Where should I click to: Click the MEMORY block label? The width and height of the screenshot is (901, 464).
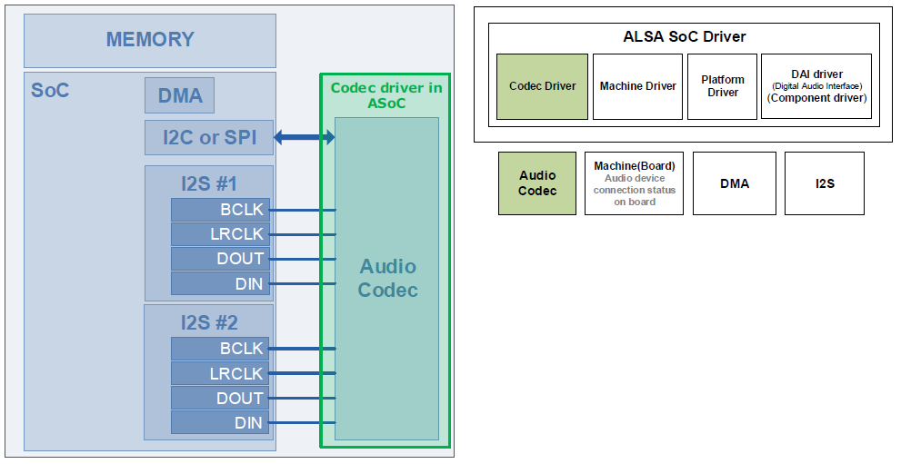point(150,40)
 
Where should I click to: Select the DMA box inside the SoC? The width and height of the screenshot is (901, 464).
point(180,95)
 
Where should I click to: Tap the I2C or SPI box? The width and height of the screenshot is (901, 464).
point(209,138)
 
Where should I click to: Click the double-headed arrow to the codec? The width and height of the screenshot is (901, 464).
point(305,138)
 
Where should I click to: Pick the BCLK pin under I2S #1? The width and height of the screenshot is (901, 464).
point(220,210)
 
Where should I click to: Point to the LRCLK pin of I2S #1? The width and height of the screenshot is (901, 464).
point(220,234)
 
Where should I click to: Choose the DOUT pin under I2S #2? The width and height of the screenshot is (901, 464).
point(220,399)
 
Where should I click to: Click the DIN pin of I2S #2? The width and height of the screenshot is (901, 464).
point(220,423)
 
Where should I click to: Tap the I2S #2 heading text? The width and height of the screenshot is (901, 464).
point(208,322)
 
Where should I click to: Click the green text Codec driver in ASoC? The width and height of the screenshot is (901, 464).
point(385,95)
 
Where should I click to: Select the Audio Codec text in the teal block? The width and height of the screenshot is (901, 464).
point(387,278)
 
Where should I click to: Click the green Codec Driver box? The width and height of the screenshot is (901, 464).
point(542,86)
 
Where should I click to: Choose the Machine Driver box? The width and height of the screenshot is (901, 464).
point(637,86)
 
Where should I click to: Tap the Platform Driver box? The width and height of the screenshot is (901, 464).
point(723,86)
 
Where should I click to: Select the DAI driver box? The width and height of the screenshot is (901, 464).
point(816,86)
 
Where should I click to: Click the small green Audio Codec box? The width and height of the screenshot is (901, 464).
point(537,183)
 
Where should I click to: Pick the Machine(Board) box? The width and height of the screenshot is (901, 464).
point(634,183)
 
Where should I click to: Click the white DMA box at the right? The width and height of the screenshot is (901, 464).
point(735,183)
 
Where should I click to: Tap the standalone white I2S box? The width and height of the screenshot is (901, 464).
point(825,183)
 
